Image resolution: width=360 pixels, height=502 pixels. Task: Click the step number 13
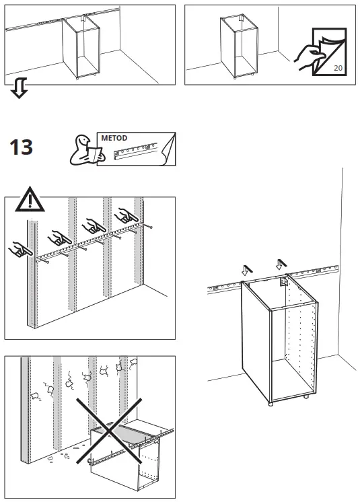coord(21,147)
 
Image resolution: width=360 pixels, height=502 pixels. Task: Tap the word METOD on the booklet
coord(114,138)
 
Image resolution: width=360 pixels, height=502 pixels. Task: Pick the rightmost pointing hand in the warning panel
coord(125,216)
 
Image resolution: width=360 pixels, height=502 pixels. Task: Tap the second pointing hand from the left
coord(59,236)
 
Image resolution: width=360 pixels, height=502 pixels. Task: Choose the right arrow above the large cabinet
coord(281,263)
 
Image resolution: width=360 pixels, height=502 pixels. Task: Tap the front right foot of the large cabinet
coord(308,396)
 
